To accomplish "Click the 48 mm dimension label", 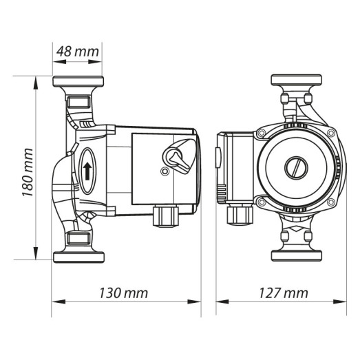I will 77,51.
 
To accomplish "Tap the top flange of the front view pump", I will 296,81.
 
